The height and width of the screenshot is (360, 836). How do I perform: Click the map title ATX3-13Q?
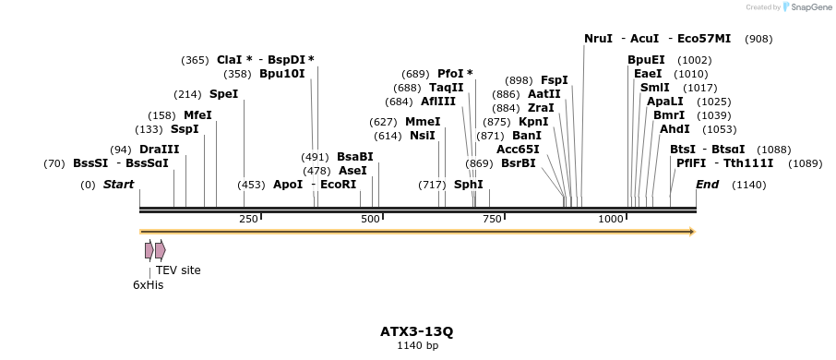(417, 331)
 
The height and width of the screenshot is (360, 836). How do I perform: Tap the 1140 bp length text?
(417, 346)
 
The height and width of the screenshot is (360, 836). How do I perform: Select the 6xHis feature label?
(148, 285)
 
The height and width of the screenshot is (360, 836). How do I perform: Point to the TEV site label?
(178, 270)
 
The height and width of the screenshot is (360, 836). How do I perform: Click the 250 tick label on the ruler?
(248, 219)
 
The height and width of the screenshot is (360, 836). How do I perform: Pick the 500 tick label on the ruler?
(370, 219)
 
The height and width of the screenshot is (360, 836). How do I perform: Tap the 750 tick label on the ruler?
(492, 219)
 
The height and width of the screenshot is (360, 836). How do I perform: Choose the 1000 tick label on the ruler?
(611, 219)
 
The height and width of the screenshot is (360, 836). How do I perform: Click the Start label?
(118, 185)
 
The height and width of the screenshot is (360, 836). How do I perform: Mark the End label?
(707, 185)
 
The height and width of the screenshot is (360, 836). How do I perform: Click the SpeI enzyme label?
(223, 94)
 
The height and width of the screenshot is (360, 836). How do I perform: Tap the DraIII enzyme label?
(159, 150)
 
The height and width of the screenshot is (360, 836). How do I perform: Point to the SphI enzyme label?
(468, 185)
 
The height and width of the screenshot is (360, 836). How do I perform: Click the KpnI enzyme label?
(533, 122)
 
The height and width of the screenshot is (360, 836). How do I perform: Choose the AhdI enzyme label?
(675, 129)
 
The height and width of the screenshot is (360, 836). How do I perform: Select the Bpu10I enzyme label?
(281, 73)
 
